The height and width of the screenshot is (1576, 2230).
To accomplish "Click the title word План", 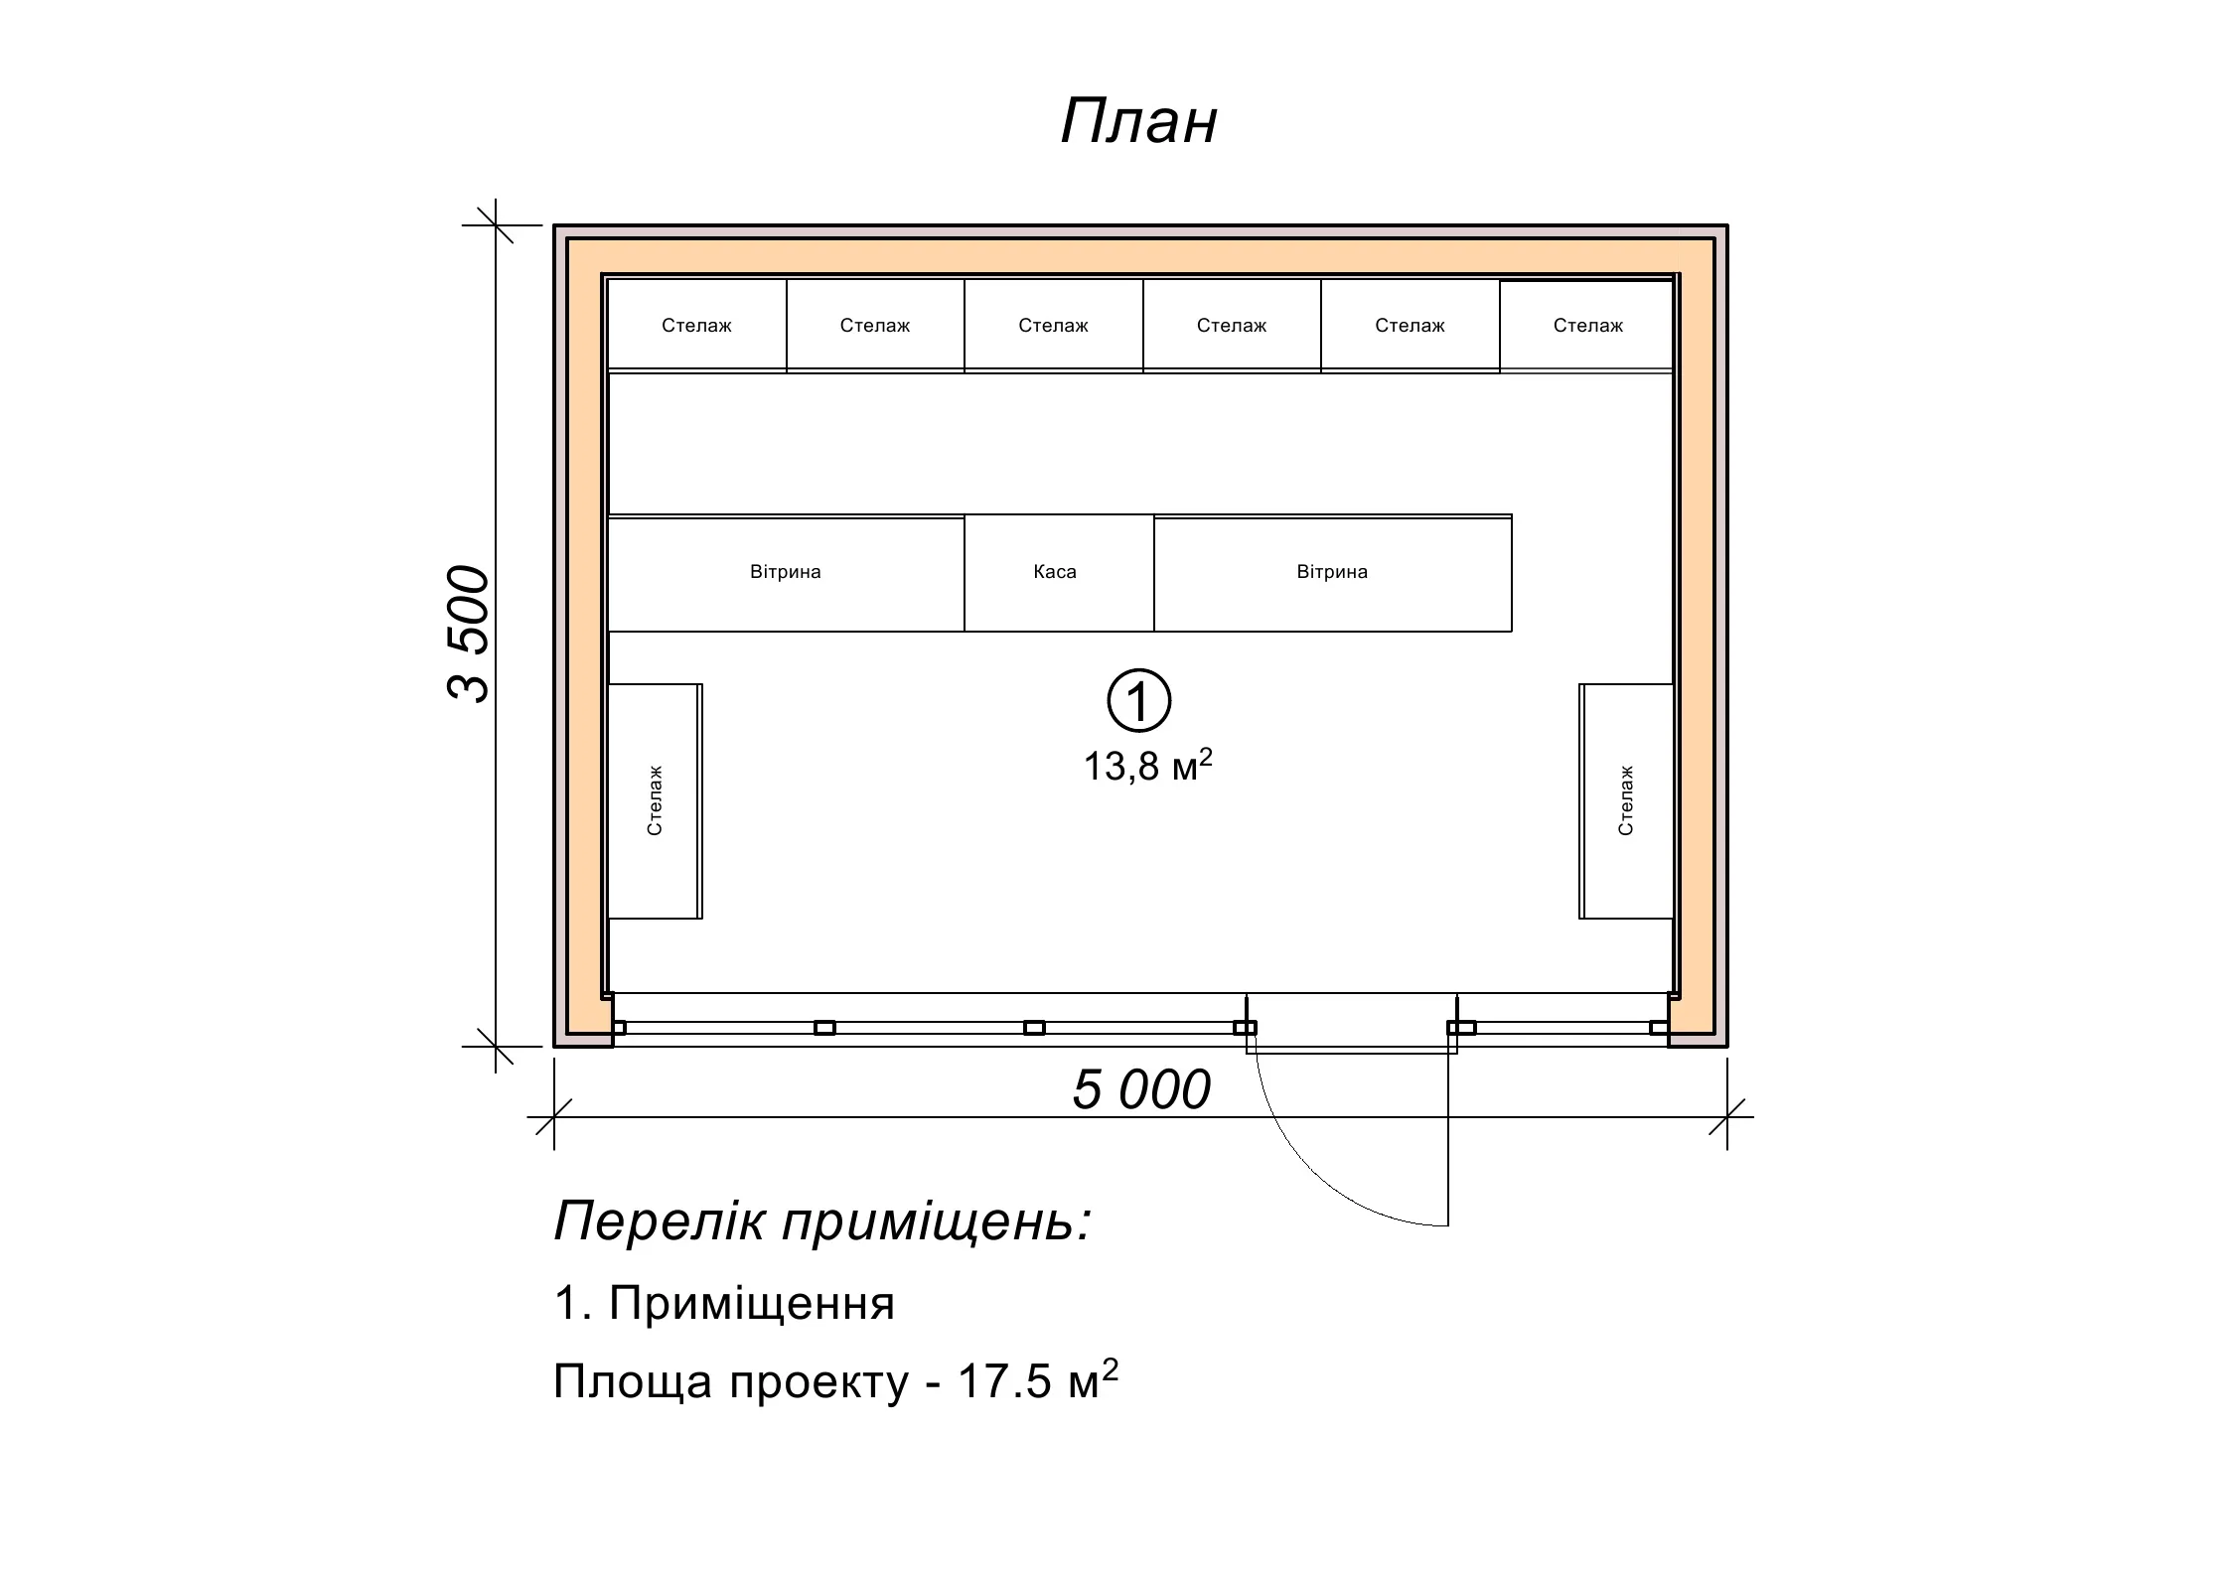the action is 1138,122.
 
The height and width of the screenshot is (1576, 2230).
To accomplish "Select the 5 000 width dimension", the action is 1141,1089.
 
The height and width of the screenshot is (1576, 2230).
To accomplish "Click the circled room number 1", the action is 1139,701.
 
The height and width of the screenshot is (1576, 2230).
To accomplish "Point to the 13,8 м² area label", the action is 1147,766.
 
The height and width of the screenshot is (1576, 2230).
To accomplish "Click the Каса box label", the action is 1055,572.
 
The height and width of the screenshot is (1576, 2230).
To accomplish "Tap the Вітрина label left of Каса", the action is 786,572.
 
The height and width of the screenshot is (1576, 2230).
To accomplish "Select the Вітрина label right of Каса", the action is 1332,572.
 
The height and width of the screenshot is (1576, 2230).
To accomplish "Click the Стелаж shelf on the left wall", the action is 655,800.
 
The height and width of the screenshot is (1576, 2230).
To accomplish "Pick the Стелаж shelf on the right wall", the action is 1626,800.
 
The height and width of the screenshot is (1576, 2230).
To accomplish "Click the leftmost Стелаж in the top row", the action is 696,326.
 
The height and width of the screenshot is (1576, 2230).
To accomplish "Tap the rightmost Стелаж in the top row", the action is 1587,326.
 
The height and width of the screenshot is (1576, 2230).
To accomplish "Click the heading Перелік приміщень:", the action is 822,1221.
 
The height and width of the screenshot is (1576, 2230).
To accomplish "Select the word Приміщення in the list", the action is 751,1304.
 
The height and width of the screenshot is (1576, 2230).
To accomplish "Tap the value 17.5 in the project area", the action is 1003,1381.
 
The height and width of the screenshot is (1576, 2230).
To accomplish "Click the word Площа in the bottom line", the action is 633,1383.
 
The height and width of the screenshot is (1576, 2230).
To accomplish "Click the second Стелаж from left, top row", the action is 875,326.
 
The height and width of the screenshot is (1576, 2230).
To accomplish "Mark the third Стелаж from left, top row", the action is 1053,326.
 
